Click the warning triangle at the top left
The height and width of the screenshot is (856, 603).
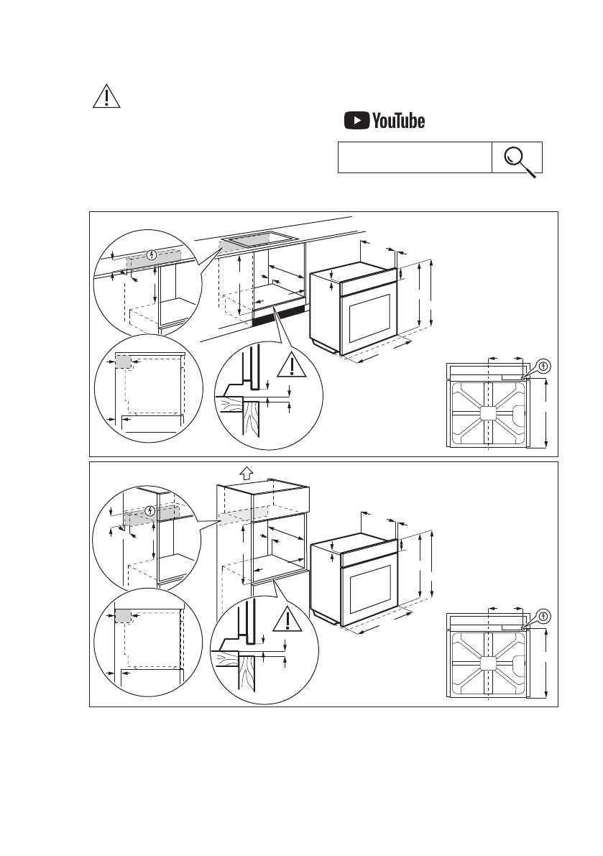click(106, 96)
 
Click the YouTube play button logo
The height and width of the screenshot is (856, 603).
click(357, 121)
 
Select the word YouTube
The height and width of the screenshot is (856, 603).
click(398, 121)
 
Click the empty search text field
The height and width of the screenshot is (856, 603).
click(415, 157)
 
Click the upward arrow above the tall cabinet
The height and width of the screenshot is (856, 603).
click(246, 473)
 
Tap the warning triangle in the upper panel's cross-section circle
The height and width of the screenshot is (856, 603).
click(291, 365)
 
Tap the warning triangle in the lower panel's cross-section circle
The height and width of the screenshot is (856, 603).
click(287, 620)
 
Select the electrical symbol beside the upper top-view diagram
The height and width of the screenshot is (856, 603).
click(543, 367)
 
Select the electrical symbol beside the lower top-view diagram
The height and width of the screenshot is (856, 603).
click(543, 617)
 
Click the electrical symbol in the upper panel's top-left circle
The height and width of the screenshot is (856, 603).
click(152, 255)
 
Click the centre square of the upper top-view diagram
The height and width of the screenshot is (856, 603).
click(488, 413)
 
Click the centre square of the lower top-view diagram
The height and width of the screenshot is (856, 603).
click(488, 663)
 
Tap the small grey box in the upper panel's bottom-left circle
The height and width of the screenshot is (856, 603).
click(124, 362)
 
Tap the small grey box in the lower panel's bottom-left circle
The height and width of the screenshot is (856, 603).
click(124, 617)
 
